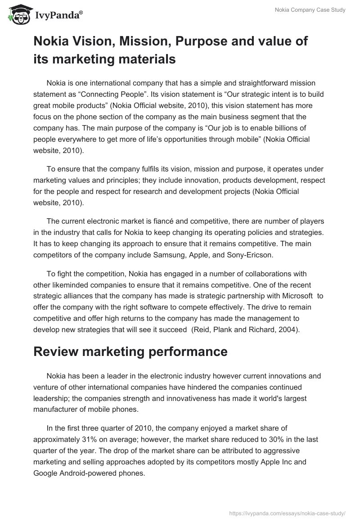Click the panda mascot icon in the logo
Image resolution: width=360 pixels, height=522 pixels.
[17, 15]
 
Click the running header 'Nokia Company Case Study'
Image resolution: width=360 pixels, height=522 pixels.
[310, 10]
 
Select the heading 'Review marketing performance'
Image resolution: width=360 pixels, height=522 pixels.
[130, 352]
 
